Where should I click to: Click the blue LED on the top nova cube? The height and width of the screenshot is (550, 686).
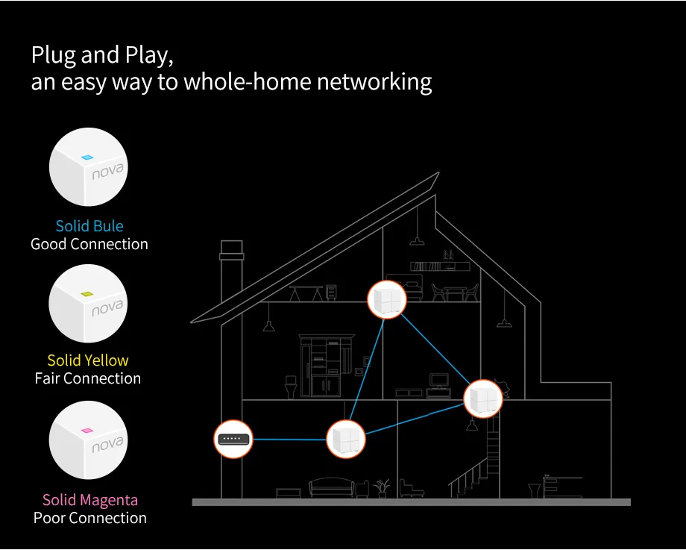pyautogui.click(x=86, y=158)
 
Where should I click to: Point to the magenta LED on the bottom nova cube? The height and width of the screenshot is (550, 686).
pyautogui.click(x=86, y=431)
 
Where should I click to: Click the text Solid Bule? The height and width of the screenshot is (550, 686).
pyautogui.click(x=89, y=226)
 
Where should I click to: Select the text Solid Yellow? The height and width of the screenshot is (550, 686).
pyautogui.click(x=88, y=360)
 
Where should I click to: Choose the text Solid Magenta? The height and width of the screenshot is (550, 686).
pyautogui.click(x=89, y=500)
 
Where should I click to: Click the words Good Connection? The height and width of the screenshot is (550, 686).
pyautogui.click(x=89, y=244)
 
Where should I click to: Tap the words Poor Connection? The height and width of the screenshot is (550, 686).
pyautogui.click(x=90, y=518)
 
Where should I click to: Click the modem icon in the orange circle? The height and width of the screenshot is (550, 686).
pyautogui.click(x=233, y=439)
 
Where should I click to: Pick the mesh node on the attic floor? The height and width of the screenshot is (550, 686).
pyautogui.click(x=386, y=299)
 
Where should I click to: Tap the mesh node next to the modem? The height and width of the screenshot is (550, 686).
pyautogui.click(x=345, y=438)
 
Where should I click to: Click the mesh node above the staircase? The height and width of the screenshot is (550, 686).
pyautogui.click(x=482, y=398)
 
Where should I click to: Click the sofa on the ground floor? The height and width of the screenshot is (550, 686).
pyautogui.click(x=333, y=488)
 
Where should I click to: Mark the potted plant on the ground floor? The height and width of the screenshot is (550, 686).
pyautogui.click(x=383, y=487)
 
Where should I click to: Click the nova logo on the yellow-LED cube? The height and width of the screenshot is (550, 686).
pyautogui.click(x=107, y=307)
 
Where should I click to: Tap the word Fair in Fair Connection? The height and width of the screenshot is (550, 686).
pyautogui.click(x=47, y=378)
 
